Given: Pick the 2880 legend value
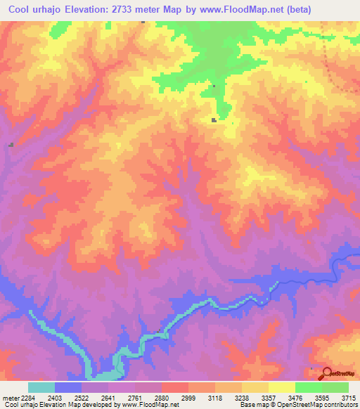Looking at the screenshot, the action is [161, 397].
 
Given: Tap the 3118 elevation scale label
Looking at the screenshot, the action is [216, 397].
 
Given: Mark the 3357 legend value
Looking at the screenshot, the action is [269, 397].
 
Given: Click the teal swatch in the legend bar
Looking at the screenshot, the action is [41, 387].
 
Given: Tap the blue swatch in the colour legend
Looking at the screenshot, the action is [68, 387].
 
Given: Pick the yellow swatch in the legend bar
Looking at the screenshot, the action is [282, 387].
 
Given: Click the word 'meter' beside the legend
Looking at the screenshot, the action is [10, 397].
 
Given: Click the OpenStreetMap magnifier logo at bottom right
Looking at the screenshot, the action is [326, 373].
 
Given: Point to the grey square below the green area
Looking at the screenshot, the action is [214, 120].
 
